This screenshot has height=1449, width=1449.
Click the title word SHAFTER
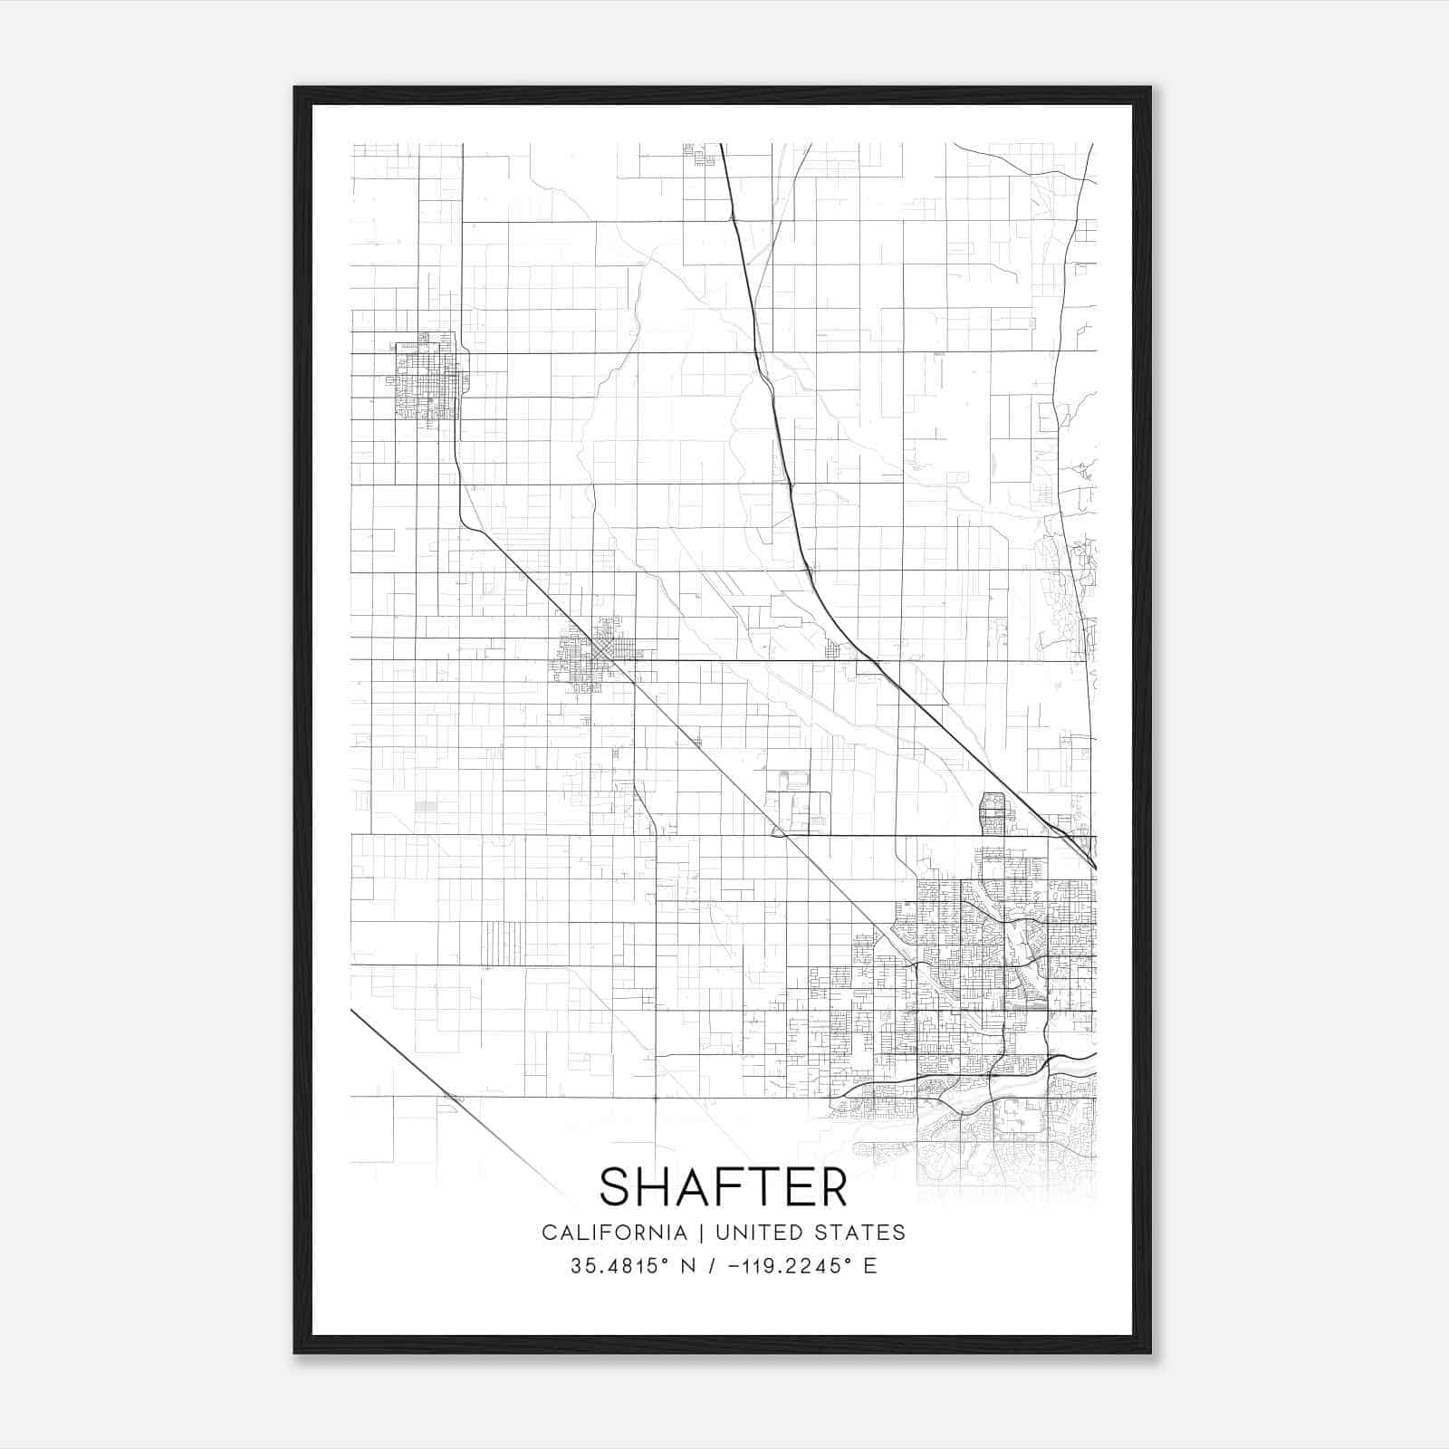tap(724, 1186)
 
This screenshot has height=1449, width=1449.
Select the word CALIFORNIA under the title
tap(614, 1233)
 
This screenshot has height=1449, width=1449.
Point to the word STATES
tap(863, 1233)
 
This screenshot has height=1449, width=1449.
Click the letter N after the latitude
tap(687, 1266)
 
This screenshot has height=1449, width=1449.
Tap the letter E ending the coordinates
tap(870, 1266)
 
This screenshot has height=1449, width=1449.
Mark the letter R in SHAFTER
tap(831, 1186)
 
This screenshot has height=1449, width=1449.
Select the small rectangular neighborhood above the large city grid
tap(993, 813)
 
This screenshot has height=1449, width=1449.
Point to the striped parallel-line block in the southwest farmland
tap(504, 942)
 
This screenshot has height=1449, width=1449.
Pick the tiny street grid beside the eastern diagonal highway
tap(833, 648)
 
